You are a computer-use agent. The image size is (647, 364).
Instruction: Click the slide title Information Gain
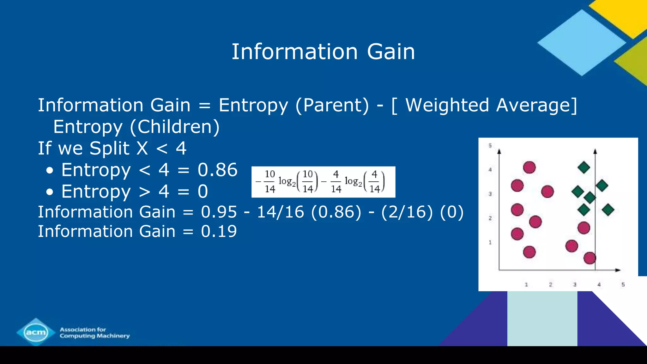(323, 52)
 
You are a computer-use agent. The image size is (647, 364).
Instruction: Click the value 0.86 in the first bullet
(217, 170)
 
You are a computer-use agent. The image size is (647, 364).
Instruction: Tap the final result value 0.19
(219, 231)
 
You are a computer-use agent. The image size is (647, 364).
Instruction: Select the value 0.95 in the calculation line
(219, 212)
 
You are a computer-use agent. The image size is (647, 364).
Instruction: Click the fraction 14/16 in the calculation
(280, 212)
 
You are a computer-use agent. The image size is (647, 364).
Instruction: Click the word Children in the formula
(175, 127)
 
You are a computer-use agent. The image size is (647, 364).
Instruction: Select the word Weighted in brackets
(447, 105)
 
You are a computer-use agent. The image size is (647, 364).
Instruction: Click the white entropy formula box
(323, 182)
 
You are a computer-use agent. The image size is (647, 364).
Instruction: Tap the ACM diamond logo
(36, 332)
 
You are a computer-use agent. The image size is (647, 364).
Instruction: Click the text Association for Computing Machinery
(94, 333)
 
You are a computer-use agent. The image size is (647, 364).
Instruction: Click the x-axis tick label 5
(623, 284)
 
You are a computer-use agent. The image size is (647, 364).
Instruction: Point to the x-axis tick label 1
(526, 284)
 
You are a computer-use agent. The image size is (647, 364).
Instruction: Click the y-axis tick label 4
(490, 170)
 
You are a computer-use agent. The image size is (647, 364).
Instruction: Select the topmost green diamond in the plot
(584, 167)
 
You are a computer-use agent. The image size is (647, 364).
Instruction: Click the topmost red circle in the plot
(529, 167)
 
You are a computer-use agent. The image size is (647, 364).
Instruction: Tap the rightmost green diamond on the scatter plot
(608, 209)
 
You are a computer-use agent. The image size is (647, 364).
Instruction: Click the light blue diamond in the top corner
(582, 43)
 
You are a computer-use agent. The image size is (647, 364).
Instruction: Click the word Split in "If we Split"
(109, 149)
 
